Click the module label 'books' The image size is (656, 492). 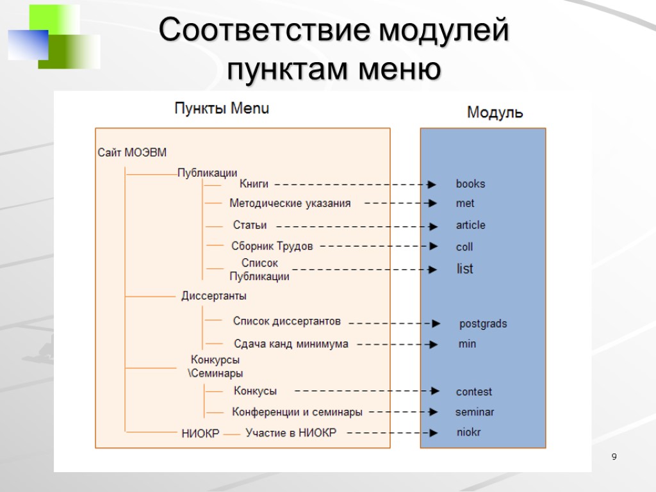pyautogui.click(x=470, y=184)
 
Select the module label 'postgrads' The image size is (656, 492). pyautogui.click(x=482, y=324)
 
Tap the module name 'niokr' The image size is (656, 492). pyautogui.click(x=468, y=432)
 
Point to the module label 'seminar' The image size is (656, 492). pyautogui.click(x=475, y=412)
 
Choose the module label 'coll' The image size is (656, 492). pyautogui.click(x=464, y=247)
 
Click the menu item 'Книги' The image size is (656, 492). pyautogui.click(x=254, y=184)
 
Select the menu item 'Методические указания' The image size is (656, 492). pyautogui.click(x=290, y=204)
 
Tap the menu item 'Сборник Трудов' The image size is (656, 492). pyautogui.click(x=272, y=246)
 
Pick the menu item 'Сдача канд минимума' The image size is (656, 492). pyautogui.click(x=291, y=344)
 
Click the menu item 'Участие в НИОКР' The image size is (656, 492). pyautogui.click(x=291, y=433)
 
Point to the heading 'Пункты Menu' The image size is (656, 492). pyautogui.click(x=222, y=109)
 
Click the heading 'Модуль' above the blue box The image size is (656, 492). pyautogui.click(x=495, y=113)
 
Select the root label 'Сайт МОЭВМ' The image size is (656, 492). pyautogui.click(x=132, y=152)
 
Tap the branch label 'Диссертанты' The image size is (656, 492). pyautogui.click(x=214, y=296)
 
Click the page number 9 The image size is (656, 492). pyautogui.click(x=614, y=457)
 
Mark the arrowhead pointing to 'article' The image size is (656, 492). pyautogui.click(x=434, y=226)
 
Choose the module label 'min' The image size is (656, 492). pyautogui.click(x=467, y=344)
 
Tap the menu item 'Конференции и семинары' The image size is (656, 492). pyautogui.click(x=297, y=412)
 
